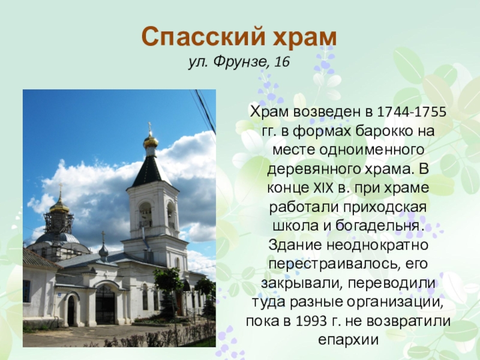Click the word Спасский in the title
point(203,37)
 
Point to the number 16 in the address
point(282,62)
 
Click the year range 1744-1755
point(411,112)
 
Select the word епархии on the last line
point(349,340)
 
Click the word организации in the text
point(395,303)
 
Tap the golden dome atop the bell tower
point(151,142)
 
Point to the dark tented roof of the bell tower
point(151,171)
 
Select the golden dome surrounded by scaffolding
point(59,206)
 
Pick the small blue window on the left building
point(26,290)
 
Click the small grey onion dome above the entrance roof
point(103,251)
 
